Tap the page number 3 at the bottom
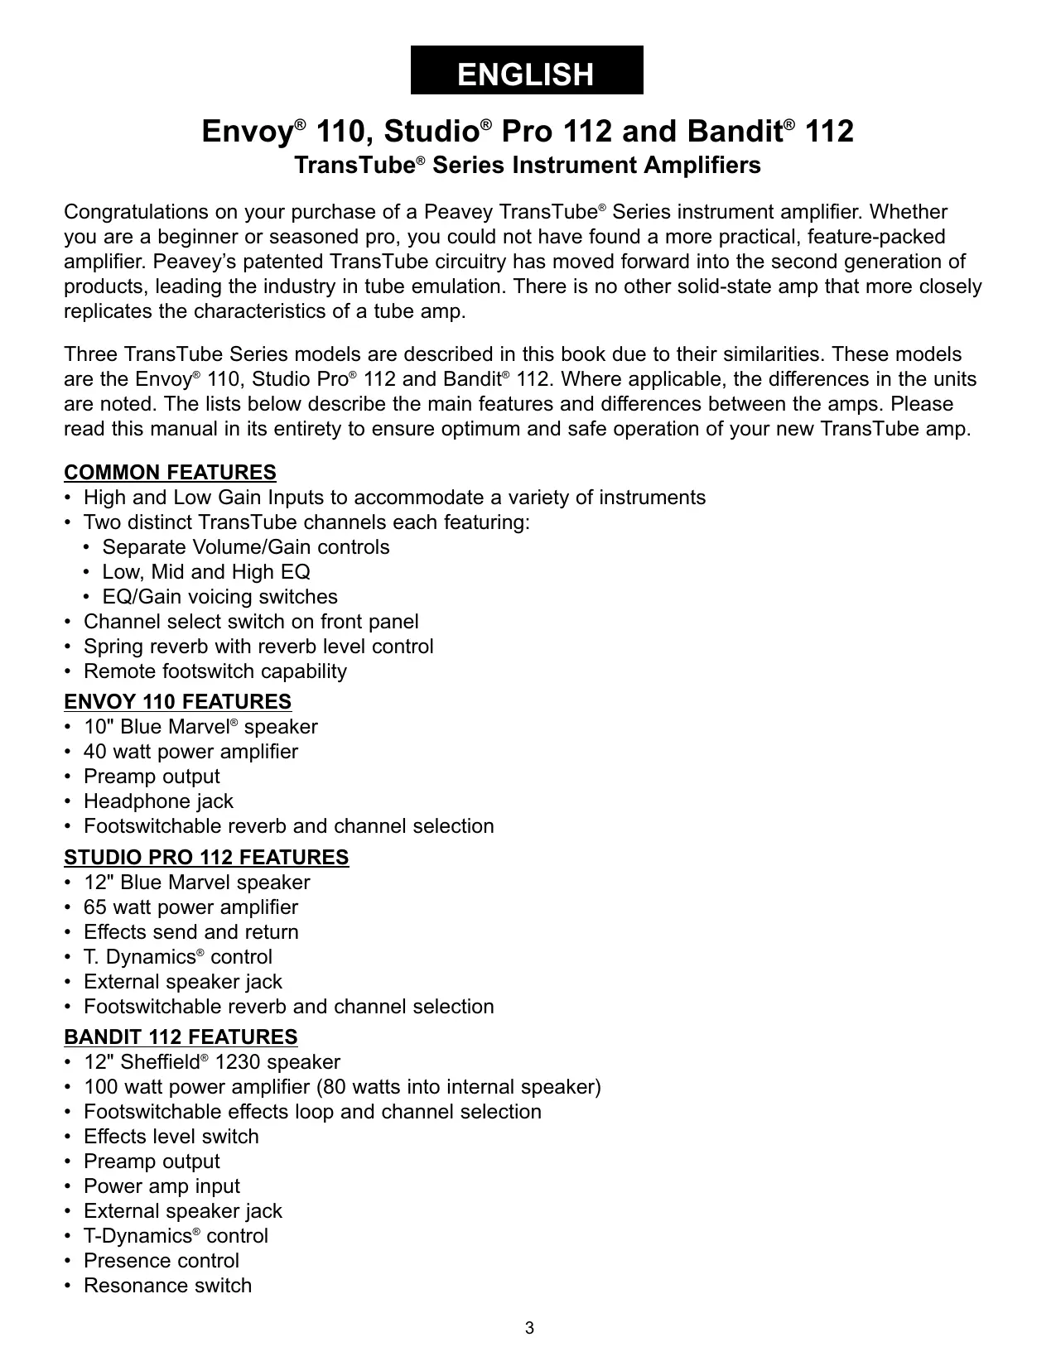pyautogui.click(x=529, y=1329)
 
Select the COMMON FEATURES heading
pyautogui.click(x=170, y=473)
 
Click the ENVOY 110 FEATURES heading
pyautogui.click(x=177, y=702)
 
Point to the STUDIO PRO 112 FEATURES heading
pyautogui.click(x=206, y=857)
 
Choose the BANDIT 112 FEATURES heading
pyautogui.click(x=181, y=1037)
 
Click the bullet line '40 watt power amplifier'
pyautogui.click(x=190, y=752)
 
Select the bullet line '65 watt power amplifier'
pyautogui.click(x=190, y=907)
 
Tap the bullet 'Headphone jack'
pyautogui.click(x=158, y=801)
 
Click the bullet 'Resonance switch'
pyautogui.click(x=167, y=1286)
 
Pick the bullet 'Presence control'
pyautogui.click(x=161, y=1261)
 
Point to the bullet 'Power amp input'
pyautogui.click(x=162, y=1186)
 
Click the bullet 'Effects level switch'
pyautogui.click(x=171, y=1137)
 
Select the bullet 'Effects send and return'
pyautogui.click(x=190, y=932)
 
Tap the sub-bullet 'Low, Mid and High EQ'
pyautogui.click(x=206, y=572)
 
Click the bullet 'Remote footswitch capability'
pyautogui.click(x=215, y=671)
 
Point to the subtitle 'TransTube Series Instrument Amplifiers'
pyautogui.click(x=528, y=166)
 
